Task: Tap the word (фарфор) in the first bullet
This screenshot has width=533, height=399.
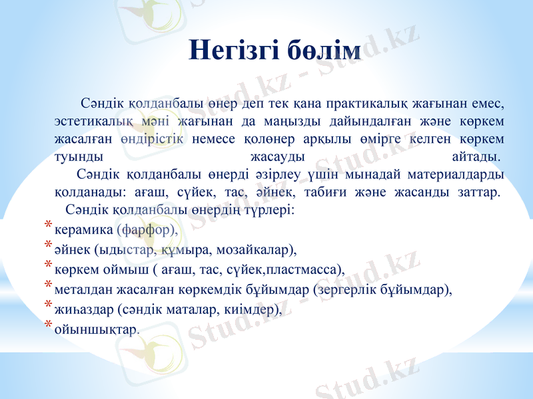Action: tap(147, 230)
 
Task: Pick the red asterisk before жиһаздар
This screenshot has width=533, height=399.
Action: tap(49, 307)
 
